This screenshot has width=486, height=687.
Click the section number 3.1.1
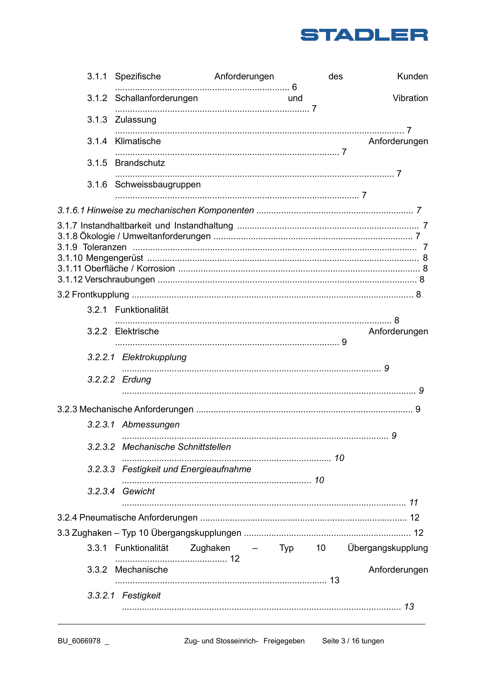coord(97,77)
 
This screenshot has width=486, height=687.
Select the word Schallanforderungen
coord(156,98)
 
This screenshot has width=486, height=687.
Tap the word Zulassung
coord(136,120)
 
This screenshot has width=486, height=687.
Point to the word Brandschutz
coord(140,163)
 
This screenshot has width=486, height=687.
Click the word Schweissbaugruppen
coord(158,185)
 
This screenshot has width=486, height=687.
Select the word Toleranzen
coord(104,247)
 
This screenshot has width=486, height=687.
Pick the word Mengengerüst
coord(114,258)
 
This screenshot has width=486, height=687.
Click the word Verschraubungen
coord(120,279)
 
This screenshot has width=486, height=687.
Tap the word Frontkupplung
coord(100,295)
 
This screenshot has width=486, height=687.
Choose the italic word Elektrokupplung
coord(154,357)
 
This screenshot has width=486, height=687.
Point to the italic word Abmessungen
coord(151,425)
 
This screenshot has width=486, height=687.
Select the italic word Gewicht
coord(138,491)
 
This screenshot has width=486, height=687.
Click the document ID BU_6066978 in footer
coord(79,641)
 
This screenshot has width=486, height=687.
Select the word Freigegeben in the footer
coord(284,641)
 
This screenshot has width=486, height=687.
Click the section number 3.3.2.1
coord(101,596)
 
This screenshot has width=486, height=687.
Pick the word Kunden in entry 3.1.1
coord(412,77)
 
